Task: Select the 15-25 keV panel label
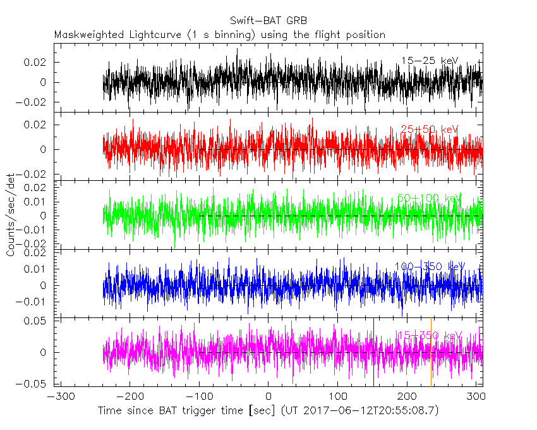(x=429, y=61)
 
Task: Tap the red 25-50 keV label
(x=429, y=130)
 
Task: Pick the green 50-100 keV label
(x=429, y=198)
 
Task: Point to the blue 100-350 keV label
(x=429, y=266)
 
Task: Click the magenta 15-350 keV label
(x=429, y=335)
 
